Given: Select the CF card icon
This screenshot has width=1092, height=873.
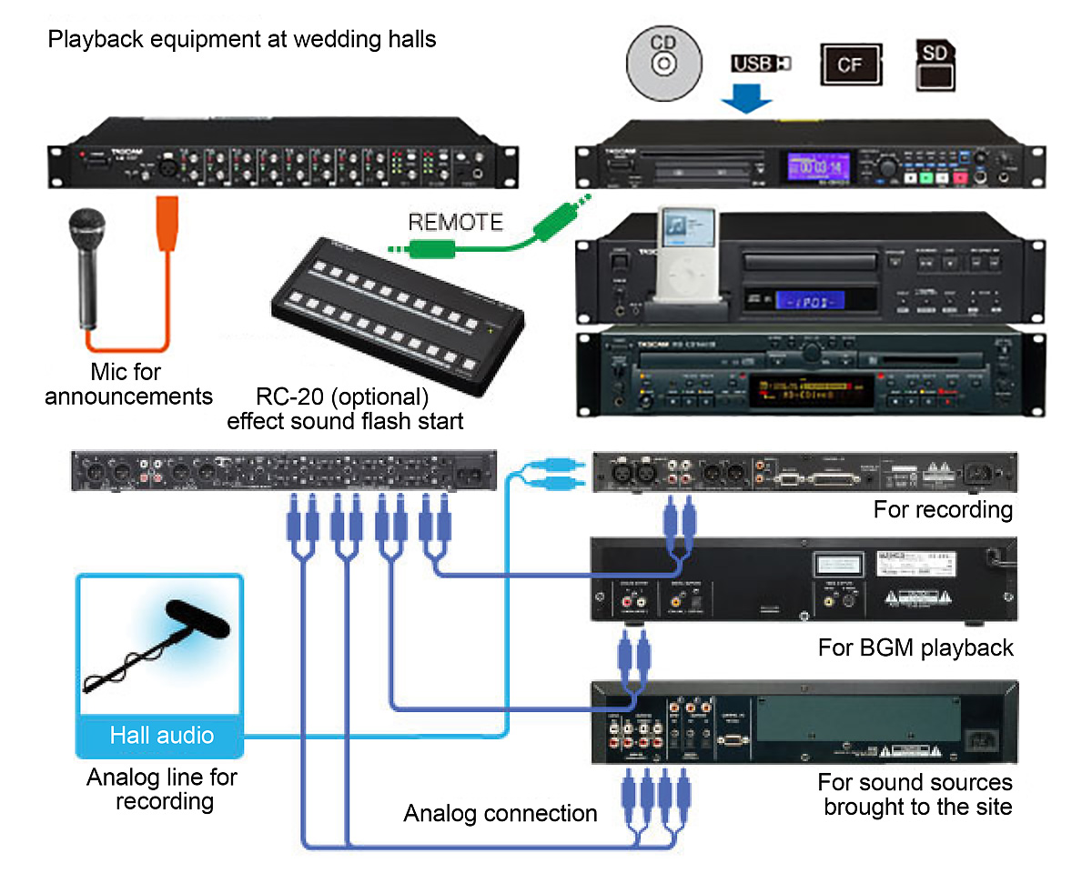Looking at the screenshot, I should (850, 65).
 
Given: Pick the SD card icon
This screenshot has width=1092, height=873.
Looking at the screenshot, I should (935, 64).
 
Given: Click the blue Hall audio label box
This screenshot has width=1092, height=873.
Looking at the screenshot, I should (161, 736).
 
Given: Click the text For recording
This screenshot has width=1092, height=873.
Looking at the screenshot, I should (943, 509).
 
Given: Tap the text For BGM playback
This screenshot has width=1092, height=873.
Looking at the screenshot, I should (915, 648).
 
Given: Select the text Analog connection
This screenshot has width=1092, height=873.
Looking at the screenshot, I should (500, 813).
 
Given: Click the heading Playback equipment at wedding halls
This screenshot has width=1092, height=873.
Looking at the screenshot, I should (241, 40).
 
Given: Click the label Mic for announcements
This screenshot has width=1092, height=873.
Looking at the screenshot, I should (127, 385).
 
